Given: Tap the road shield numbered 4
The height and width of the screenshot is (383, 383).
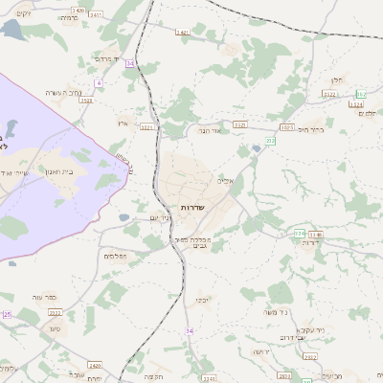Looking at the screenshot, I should point(99,83).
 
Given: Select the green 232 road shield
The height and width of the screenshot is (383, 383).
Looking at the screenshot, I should point(271,141).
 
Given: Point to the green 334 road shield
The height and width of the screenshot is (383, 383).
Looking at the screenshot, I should point(299,233).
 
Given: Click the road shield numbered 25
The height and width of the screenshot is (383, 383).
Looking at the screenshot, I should point(7,314).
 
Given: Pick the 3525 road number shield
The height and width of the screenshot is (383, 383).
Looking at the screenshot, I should point(286,126).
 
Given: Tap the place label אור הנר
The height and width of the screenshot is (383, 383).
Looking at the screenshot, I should point(210,130).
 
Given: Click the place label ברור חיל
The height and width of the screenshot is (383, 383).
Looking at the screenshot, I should point(312,129).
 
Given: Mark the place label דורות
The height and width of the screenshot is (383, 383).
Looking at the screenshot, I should point(310,243).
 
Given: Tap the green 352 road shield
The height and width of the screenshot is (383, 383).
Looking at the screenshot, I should point(361,94).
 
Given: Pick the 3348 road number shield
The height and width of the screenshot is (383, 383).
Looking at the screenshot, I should point(316,234).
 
